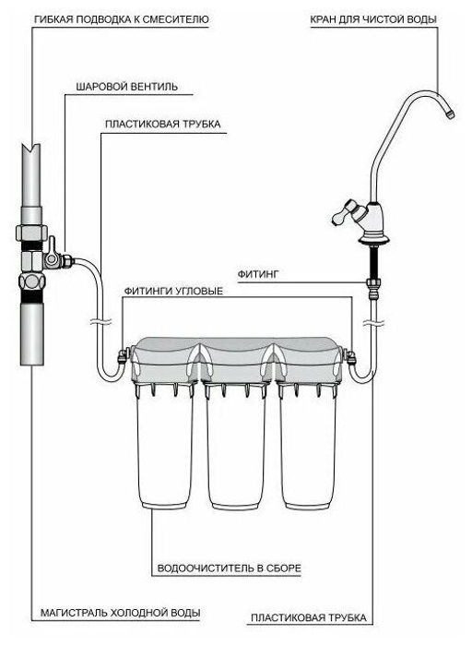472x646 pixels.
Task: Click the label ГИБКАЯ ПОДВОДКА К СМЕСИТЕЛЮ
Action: (x=122, y=19)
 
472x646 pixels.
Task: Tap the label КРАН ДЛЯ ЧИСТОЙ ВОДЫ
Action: (x=373, y=19)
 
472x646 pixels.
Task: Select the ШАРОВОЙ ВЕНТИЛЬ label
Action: (x=126, y=87)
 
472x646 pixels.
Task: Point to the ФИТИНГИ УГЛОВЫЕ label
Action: (x=173, y=291)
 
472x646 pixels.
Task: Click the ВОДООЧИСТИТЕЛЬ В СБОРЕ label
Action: (x=230, y=568)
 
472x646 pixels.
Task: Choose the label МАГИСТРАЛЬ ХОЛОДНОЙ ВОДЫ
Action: (x=120, y=613)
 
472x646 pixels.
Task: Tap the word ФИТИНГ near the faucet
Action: (x=258, y=274)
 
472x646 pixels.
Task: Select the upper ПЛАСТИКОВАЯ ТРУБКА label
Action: (x=162, y=124)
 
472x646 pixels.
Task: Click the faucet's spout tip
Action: (x=451, y=114)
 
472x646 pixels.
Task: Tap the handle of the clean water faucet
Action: (x=345, y=213)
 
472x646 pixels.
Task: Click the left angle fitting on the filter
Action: (x=124, y=355)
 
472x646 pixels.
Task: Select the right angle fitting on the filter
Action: (x=350, y=356)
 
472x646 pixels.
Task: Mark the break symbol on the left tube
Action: (x=100, y=321)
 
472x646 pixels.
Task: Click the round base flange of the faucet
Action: (x=376, y=238)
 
